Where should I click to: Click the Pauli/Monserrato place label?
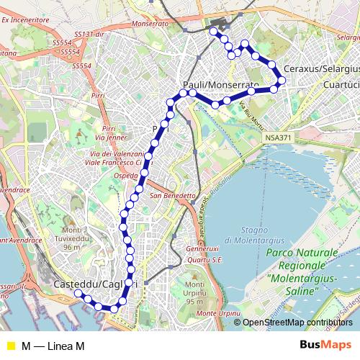click(220, 84)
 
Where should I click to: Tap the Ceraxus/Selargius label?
click(322, 69)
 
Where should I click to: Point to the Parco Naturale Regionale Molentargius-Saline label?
click(301, 272)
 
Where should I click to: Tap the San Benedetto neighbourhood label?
click(173, 195)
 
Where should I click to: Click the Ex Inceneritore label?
click(25, 20)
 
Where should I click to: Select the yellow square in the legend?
click(10, 346)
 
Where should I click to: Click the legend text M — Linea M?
click(53, 346)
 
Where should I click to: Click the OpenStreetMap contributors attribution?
click(297, 323)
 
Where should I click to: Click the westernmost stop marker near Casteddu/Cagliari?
click(78, 293)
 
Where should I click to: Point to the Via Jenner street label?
click(109, 138)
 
